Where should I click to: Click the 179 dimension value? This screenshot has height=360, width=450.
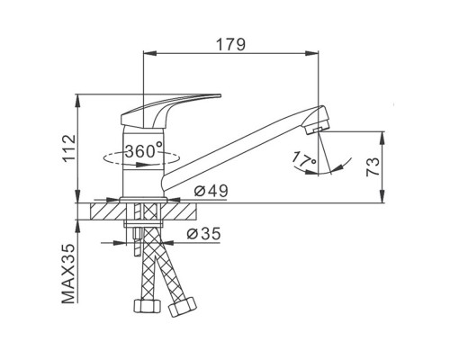[x=230, y=44]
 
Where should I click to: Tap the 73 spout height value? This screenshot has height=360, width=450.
[x=373, y=166]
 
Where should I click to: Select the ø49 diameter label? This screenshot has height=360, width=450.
[x=211, y=191]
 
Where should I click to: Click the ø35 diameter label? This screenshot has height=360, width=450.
[x=203, y=233]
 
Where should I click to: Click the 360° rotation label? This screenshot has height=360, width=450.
[x=144, y=150]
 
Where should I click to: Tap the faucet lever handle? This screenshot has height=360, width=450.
[x=170, y=110]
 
